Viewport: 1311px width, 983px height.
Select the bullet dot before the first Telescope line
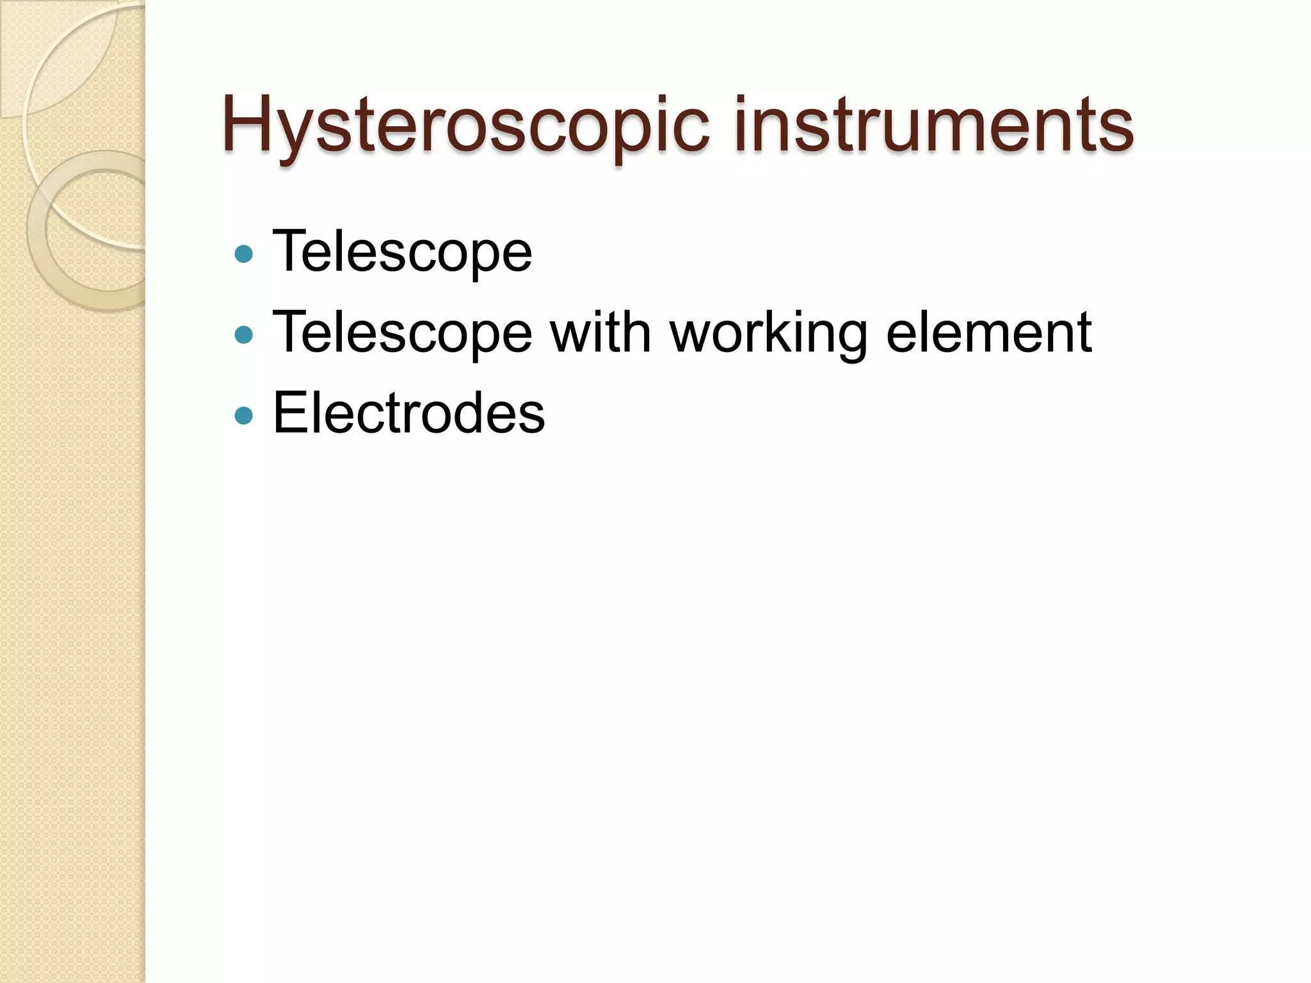click(x=244, y=255)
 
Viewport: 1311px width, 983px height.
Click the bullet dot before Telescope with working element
click(x=244, y=335)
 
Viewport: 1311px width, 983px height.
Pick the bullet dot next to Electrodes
click(x=244, y=417)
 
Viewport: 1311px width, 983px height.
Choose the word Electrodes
click(x=408, y=413)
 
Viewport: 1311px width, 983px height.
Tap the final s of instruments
click(x=1118, y=131)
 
